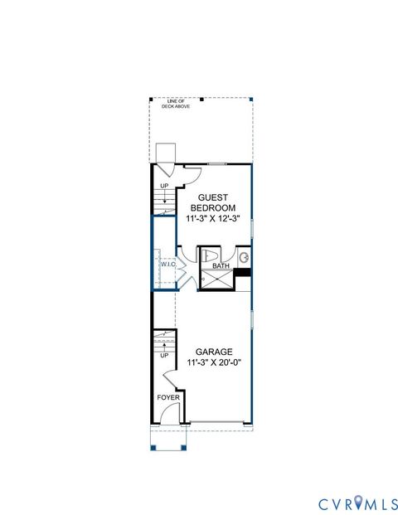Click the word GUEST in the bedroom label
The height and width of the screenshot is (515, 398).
[212, 197]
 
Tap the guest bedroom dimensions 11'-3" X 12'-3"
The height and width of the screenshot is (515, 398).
[213, 218]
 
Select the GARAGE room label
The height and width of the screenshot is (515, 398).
[213, 351]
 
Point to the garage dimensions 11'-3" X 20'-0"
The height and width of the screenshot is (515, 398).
[213, 362]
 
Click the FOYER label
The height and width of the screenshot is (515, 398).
[168, 397]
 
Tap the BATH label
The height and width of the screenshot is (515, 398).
[221, 266]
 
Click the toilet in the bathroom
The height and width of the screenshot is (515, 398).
[211, 255]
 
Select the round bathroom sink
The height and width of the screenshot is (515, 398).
[245, 258]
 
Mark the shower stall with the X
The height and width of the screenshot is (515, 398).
[218, 279]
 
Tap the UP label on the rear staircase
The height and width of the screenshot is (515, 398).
[164, 186]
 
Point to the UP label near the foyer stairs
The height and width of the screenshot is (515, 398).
[164, 355]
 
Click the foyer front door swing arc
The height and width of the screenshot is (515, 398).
[172, 381]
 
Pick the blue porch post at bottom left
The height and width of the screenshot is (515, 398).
[153, 448]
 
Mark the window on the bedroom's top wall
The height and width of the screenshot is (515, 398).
[219, 164]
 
